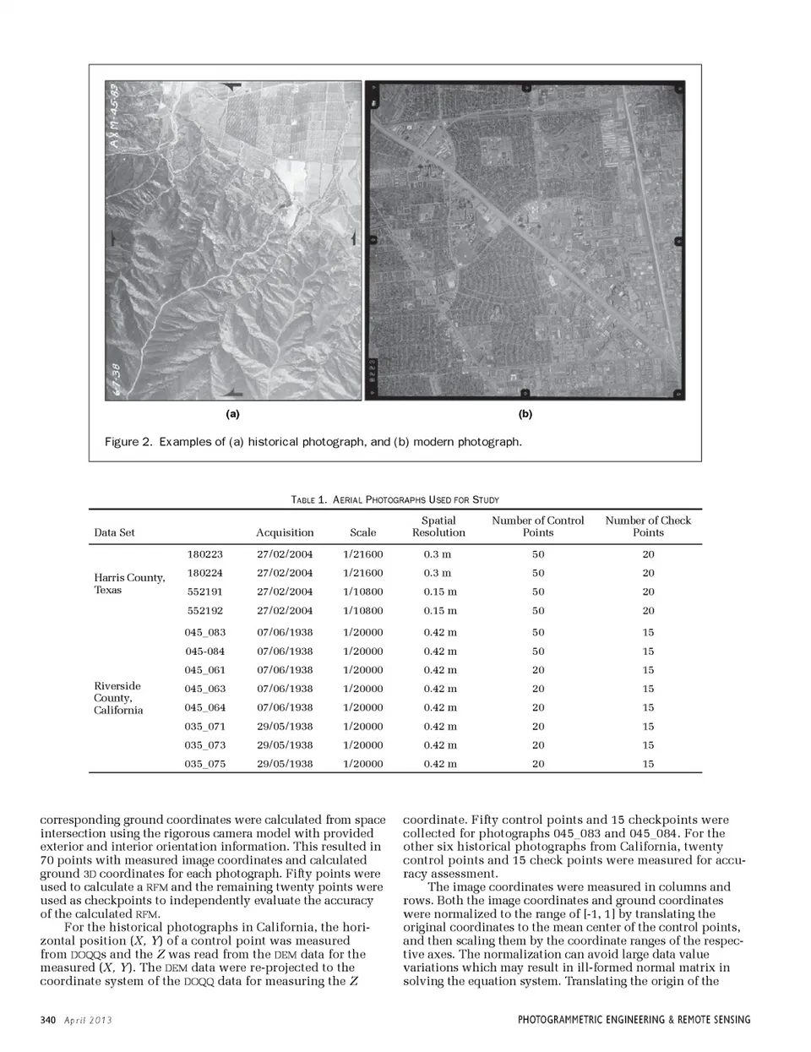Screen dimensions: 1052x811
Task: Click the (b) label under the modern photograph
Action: [x=525, y=414]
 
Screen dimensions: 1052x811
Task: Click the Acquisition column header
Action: [x=285, y=532]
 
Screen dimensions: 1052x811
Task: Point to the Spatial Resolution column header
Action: [x=438, y=526]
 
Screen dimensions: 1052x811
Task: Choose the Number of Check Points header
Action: [x=648, y=526]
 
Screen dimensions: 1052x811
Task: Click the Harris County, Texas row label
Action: [x=129, y=584]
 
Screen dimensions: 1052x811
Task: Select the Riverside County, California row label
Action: [x=118, y=698]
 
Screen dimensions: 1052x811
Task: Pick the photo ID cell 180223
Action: [x=204, y=554]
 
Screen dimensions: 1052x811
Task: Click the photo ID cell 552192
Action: [x=204, y=611]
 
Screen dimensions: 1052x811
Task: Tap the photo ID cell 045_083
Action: [x=205, y=632]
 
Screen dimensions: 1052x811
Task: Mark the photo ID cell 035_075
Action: [x=205, y=764]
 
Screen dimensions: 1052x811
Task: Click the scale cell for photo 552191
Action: [x=363, y=592]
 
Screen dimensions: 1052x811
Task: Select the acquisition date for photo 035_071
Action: [x=285, y=727]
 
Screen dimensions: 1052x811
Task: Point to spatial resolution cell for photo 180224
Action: [x=438, y=573]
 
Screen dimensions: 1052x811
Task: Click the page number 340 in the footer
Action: [x=47, y=1020]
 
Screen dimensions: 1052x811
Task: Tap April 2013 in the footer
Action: [x=89, y=1020]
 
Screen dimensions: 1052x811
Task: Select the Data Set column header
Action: [x=114, y=532]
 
